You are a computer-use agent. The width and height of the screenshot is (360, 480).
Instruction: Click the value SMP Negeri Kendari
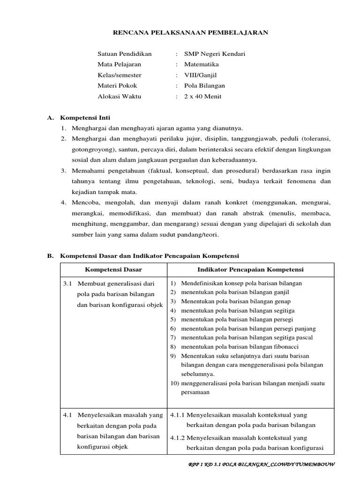pyautogui.click(x=215, y=54)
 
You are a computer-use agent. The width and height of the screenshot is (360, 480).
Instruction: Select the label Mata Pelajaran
pyautogui.click(x=119, y=64)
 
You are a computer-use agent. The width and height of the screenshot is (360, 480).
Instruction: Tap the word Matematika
pyautogui.click(x=202, y=64)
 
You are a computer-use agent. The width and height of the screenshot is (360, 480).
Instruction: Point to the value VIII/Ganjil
pyautogui.click(x=201, y=75)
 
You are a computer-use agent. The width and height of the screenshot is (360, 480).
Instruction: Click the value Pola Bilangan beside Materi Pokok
pyautogui.click(x=204, y=86)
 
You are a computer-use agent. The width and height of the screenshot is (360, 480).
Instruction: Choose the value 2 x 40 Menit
pyautogui.click(x=203, y=97)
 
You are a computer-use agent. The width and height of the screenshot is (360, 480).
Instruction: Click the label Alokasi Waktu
pyautogui.click(x=119, y=97)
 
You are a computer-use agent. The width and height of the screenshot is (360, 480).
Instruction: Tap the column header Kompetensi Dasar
pyautogui.click(x=113, y=270)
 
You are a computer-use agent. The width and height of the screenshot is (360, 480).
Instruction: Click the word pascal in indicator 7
pyautogui.click(x=303, y=337)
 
